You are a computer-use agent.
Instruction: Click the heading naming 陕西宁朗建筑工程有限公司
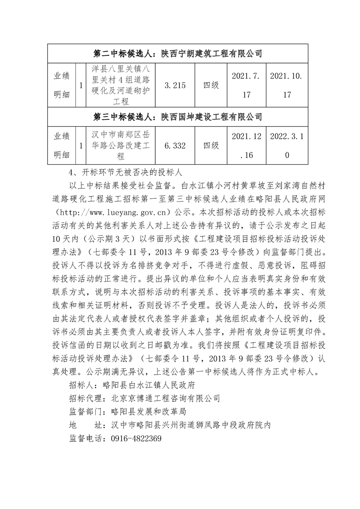(178, 54)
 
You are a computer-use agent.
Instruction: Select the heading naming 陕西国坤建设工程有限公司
(178, 117)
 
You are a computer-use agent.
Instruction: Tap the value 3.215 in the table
(175, 85)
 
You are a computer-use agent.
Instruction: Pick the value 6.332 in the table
(175, 146)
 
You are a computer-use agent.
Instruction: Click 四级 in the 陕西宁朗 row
(211, 85)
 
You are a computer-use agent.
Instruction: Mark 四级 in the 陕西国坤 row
(211, 146)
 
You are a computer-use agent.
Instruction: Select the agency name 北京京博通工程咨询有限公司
(166, 399)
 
